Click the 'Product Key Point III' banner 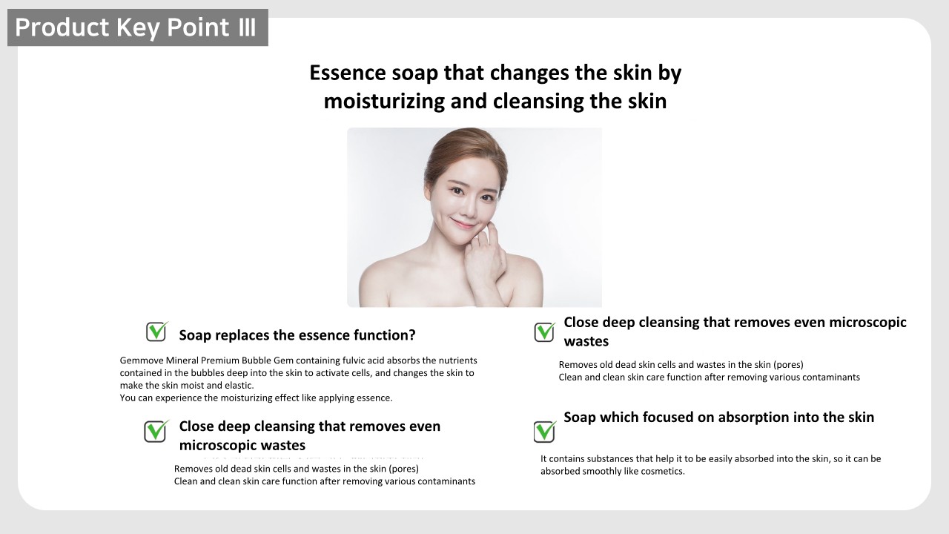(138, 27)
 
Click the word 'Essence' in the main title (348, 73)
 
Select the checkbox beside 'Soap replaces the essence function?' (156, 332)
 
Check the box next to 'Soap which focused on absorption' (544, 432)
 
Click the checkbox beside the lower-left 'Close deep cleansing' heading (156, 432)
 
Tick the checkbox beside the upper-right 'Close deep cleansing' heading (544, 332)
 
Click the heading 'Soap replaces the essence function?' (297, 335)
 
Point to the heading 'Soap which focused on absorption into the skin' (718, 418)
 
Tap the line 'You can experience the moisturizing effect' (256, 398)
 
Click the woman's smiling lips (463, 223)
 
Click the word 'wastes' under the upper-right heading (586, 342)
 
